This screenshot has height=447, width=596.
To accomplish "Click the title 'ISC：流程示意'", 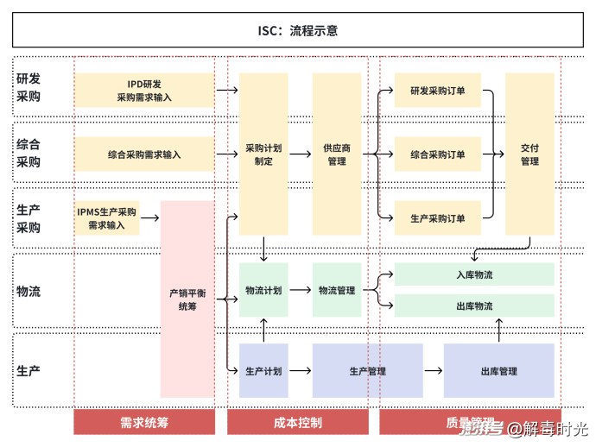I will pos(297,30).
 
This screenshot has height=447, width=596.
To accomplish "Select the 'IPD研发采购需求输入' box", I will pos(144,90).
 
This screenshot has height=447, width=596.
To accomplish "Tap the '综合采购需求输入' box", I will pos(144,154).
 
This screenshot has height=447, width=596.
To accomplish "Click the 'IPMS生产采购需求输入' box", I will pos(106,218).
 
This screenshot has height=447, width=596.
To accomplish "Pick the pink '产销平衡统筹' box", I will pos(187,299).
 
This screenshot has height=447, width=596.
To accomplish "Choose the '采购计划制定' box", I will pos(263,154).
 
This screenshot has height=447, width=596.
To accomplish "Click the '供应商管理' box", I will pos(337,154).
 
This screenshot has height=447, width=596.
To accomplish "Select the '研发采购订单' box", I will pos(437,90).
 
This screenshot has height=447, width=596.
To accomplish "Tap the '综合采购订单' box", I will pos(437,154).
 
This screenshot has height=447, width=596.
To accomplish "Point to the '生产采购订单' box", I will pos(437,218).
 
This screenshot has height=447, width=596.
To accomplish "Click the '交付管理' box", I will pos(529,154).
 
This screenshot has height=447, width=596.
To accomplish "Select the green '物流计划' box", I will pos(263,291).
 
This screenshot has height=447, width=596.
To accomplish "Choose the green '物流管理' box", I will pos(337,291).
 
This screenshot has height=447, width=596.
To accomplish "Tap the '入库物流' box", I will pos(474,274).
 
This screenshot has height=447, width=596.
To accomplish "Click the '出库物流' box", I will pos(474,305).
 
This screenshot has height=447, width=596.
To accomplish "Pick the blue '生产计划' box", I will pos(263,371).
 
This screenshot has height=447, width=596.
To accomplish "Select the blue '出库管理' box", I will pos(498,371).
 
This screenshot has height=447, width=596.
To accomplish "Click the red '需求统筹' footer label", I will pos(144,422).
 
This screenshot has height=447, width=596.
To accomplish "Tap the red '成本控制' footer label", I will pos(297,422).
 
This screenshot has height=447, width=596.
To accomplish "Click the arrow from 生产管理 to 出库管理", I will pos(433,371).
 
